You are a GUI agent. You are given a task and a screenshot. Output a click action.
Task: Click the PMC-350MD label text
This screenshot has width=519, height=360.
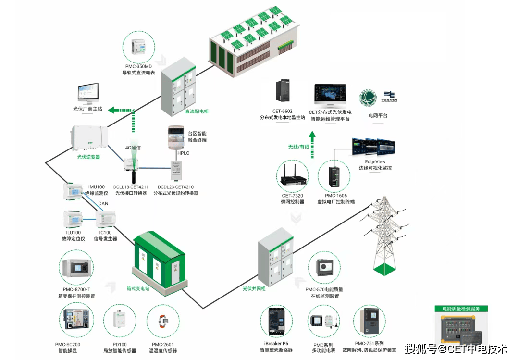[x=138, y=66]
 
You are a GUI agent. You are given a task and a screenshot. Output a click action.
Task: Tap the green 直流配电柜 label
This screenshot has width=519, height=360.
[x=197, y=112]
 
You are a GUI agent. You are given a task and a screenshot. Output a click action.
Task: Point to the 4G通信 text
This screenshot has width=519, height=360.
[x=133, y=148]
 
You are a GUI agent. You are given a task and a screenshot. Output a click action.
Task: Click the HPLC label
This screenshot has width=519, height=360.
[x=184, y=153]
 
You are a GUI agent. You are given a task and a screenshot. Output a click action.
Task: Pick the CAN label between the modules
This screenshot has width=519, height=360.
[x=103, y=203]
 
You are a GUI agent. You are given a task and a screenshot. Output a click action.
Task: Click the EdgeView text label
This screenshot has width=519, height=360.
[x=375, y=161]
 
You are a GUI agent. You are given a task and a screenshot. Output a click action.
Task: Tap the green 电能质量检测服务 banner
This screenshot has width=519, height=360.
[x=461, y=309]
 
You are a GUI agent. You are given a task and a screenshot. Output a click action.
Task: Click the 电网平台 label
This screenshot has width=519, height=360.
[x=378, y=116]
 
